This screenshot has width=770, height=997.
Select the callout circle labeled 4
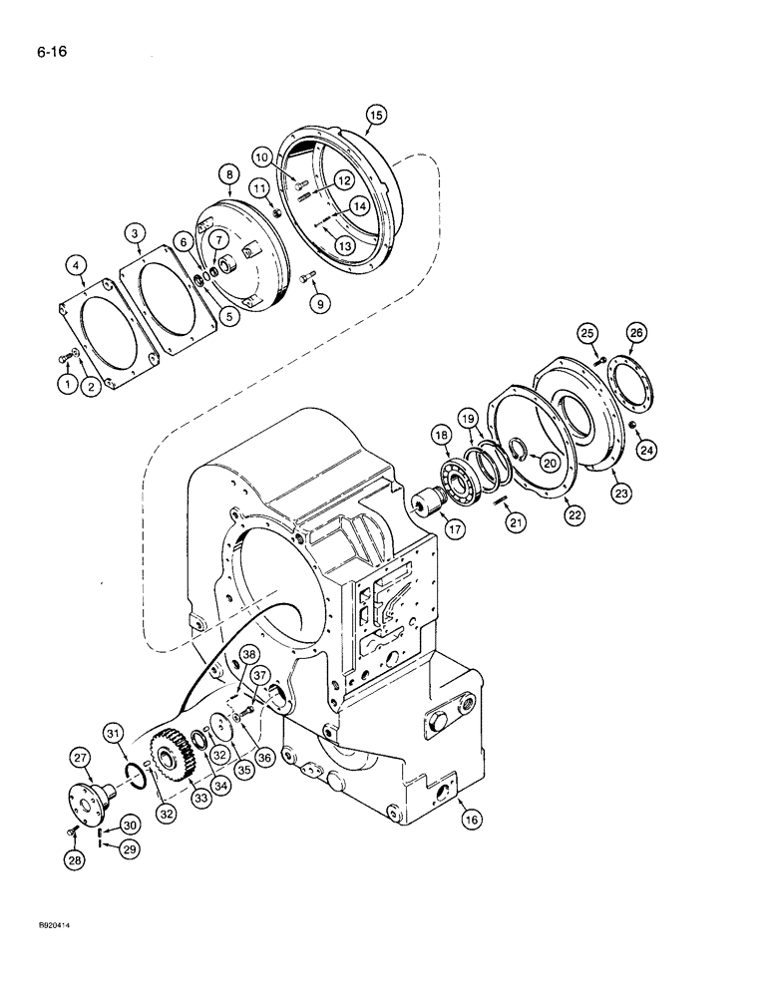(75, 264)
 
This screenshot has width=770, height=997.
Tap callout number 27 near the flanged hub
(78, 759)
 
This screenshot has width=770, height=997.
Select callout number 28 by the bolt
(72, 858)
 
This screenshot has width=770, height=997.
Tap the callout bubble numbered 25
(587, 332)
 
